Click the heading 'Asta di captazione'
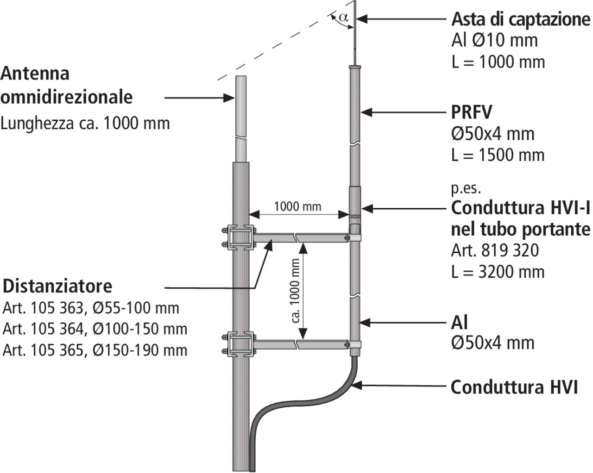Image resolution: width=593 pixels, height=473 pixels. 521,19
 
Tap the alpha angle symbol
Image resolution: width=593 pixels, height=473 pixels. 343,18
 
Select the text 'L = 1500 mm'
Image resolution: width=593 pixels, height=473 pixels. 498,155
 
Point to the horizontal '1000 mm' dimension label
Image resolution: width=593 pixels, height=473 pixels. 297,206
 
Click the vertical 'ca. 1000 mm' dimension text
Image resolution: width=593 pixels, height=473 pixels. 296,290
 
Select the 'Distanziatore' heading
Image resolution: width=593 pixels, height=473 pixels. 57,286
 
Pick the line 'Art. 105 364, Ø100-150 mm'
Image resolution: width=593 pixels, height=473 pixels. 95,329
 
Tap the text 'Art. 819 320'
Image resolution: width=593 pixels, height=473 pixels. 495,250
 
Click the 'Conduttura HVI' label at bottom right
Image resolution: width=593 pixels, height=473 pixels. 514,387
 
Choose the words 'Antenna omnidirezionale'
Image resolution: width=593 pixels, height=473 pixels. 66,85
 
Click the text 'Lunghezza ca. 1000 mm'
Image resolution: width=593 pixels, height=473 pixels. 85,123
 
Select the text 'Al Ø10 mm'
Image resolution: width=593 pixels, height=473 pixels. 494,40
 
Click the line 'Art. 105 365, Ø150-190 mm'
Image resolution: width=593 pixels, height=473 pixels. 95,350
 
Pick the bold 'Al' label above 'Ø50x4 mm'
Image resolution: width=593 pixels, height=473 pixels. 459,322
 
